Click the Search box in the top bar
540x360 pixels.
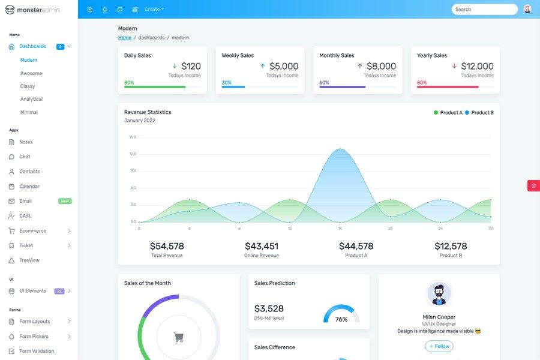pyautogui.click(x=484, y=9)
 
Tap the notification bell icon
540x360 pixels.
pyautogui.click(x=105, y=10)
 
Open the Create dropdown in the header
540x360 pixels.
pyautogui.click(x=154, y=10)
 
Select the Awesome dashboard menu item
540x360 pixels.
pyautogui.click(x=31, y=73)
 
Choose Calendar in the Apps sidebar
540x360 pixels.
pyautogui.click(x=29, y=187)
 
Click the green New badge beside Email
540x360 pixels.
pyautogui.click(x=65, y=201)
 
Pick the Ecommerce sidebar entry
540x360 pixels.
pyautogui.click(x=32, y=231)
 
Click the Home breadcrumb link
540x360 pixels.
pyautogui.click(x=125, y=38)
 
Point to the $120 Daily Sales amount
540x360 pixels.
pyautogui.click(x=191, y=66)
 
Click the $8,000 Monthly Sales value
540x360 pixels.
pyautogui.click(x=381, y=66)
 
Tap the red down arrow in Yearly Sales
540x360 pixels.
pyautogui.click(x=454, y=66)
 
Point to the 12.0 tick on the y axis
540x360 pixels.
pyautogui.click(x=133, y=154)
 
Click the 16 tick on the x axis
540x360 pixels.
pyautogui.click(x=340, y=229)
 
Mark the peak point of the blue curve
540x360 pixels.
pyautogui.click(x=340, y=149)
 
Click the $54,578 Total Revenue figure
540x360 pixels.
pyautogui.click(x=167, y=246)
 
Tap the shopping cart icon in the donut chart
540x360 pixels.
pyautogui.click(x=179, y=338)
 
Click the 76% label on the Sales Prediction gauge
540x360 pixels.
pyautogui.click(x=341, y=319)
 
